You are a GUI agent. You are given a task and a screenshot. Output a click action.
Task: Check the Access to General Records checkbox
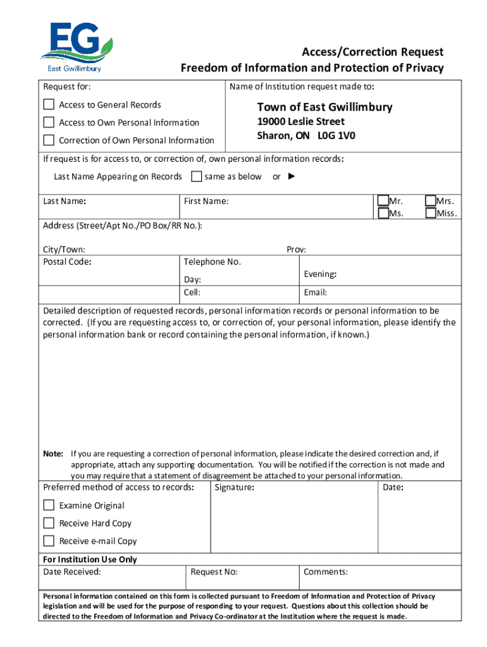[49, 104]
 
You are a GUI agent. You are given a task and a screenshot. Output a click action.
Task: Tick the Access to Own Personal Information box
[49, 122]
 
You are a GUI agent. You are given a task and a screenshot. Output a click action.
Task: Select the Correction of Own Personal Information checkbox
[49, 140]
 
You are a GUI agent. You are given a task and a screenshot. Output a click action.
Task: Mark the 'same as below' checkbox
[196, 176]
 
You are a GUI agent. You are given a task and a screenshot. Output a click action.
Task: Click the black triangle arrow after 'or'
[291, 176]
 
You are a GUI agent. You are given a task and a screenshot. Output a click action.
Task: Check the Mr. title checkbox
[383, 201]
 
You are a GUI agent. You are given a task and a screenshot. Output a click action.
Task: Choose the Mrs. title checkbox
[431, 201]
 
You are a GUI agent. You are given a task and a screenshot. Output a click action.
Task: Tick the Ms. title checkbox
[383, 213]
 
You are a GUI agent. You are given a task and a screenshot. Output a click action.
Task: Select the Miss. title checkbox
[431, 213]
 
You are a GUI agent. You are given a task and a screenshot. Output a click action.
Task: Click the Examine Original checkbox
[49, 505]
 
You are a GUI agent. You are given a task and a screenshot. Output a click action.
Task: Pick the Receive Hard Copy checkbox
[49, 523]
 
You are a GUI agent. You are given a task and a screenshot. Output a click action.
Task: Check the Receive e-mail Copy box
[49, 540]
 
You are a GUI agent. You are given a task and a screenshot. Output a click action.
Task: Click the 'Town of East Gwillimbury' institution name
[324, 107]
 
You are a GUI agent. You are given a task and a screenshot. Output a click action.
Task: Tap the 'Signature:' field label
[234, 488]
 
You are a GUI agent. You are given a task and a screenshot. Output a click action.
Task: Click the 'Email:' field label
[315, 293]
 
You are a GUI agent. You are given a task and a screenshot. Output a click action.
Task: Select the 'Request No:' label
[214, 572]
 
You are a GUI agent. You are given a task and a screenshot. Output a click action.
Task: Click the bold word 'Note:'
[52, 454]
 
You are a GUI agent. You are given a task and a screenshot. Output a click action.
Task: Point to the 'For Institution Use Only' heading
[90, 559]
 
